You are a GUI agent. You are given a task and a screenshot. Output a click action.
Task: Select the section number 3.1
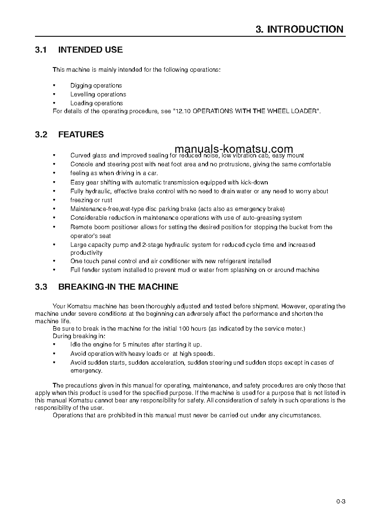[41, 49]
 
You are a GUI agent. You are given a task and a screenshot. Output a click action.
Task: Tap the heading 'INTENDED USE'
[90, 49]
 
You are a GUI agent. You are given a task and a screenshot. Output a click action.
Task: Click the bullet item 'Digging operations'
[96, 86]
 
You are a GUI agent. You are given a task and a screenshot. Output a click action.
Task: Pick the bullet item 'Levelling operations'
[98, 95]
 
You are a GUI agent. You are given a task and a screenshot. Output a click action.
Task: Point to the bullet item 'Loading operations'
[97, 103]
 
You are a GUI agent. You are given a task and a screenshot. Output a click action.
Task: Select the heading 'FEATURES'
[81, 135]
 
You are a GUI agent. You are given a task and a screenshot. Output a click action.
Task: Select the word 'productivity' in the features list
[86, 253]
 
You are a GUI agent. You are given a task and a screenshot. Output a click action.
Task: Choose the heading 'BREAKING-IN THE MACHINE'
[118, 287]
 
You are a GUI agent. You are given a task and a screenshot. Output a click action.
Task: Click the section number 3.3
[41, 287]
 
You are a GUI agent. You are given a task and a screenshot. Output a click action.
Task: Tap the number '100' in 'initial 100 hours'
[185, 329]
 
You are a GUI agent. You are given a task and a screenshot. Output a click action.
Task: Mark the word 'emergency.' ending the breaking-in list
[86, 371]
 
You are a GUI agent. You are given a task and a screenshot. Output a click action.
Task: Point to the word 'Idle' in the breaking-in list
[76, 345]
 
